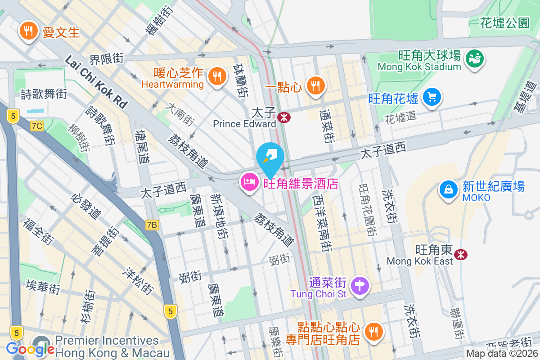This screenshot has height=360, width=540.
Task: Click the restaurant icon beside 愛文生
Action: (x=28, y=31)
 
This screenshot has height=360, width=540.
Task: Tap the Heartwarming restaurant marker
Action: (x=217, y=77)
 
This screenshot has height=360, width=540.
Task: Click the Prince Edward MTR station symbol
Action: (x=284, y=118)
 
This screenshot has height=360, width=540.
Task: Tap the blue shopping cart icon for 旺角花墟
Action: (x=432, y=97)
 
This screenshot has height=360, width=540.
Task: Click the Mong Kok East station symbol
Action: (x=460, y=255)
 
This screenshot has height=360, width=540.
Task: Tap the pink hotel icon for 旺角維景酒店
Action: (x=249, y=182)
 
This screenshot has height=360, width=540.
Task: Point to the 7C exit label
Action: (x=37, y=126)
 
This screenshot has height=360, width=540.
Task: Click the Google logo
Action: (x=30, y=349)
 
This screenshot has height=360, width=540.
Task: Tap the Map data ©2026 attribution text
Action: (x=502, y=353)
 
